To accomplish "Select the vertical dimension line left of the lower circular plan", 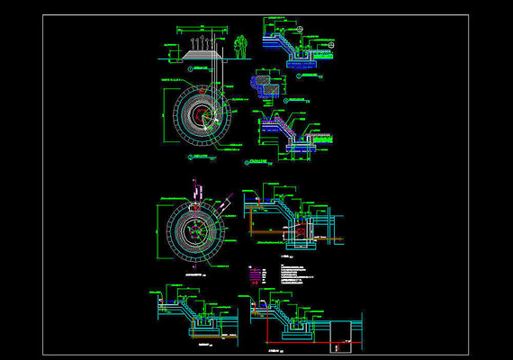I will [x=159, y=230].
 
